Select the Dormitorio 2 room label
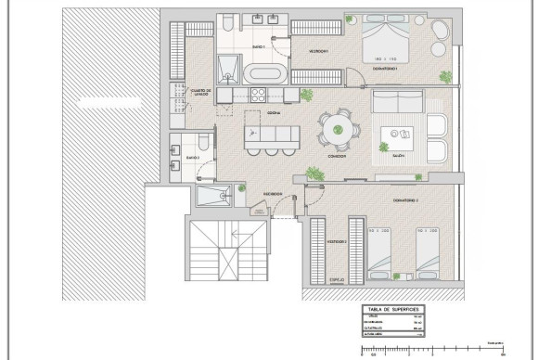(406, 199)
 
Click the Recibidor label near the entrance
(272, 194)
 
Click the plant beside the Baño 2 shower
(241, 190)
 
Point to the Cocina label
(275, 112)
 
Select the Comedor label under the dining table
(337, 156)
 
